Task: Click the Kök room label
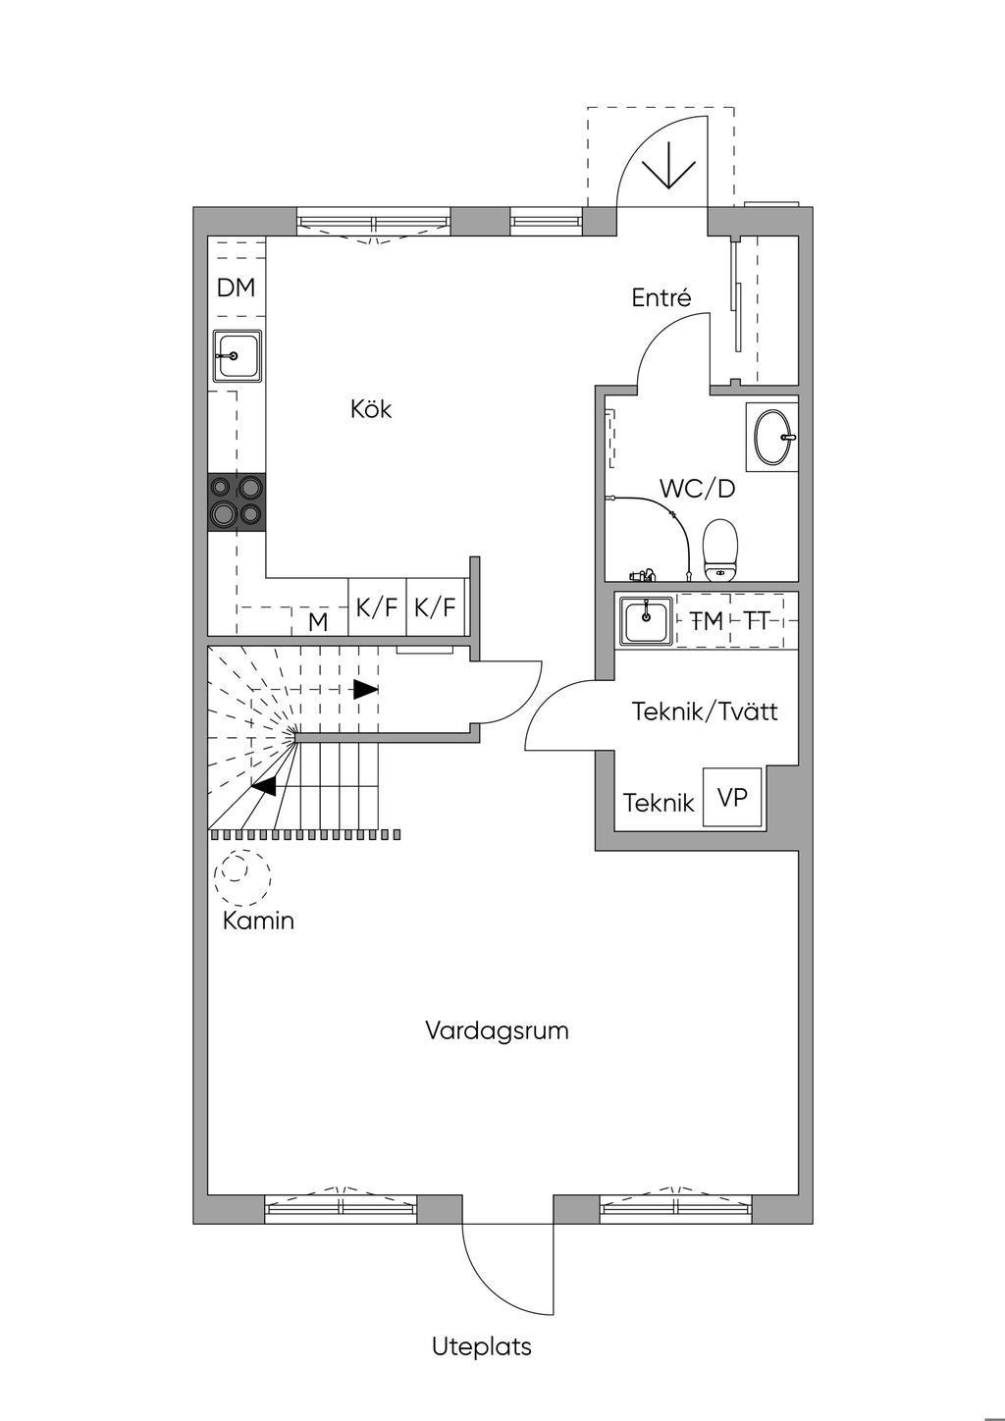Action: [x=371, y=409]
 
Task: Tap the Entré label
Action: [x=661, y=297]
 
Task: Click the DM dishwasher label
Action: [x=236, y=288]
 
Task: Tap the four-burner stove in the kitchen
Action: [x=237, y=503]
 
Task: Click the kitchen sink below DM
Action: [x=237, y=356]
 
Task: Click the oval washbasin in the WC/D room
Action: [x=772, y=437]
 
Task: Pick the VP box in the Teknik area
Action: [x=732, y=798]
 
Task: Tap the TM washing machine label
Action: [x=707, y=621]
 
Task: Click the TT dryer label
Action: [x=756, y=621]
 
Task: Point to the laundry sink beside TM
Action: [x=645, y=620]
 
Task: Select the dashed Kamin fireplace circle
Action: [x=241, y=877]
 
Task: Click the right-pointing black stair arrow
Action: [x=365, y=690]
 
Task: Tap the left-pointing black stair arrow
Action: [x=264, y=787]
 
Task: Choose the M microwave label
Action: [x=318, y=623]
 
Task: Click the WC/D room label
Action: [x=697, y=489]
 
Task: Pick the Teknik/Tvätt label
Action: [x=705, y=711]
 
